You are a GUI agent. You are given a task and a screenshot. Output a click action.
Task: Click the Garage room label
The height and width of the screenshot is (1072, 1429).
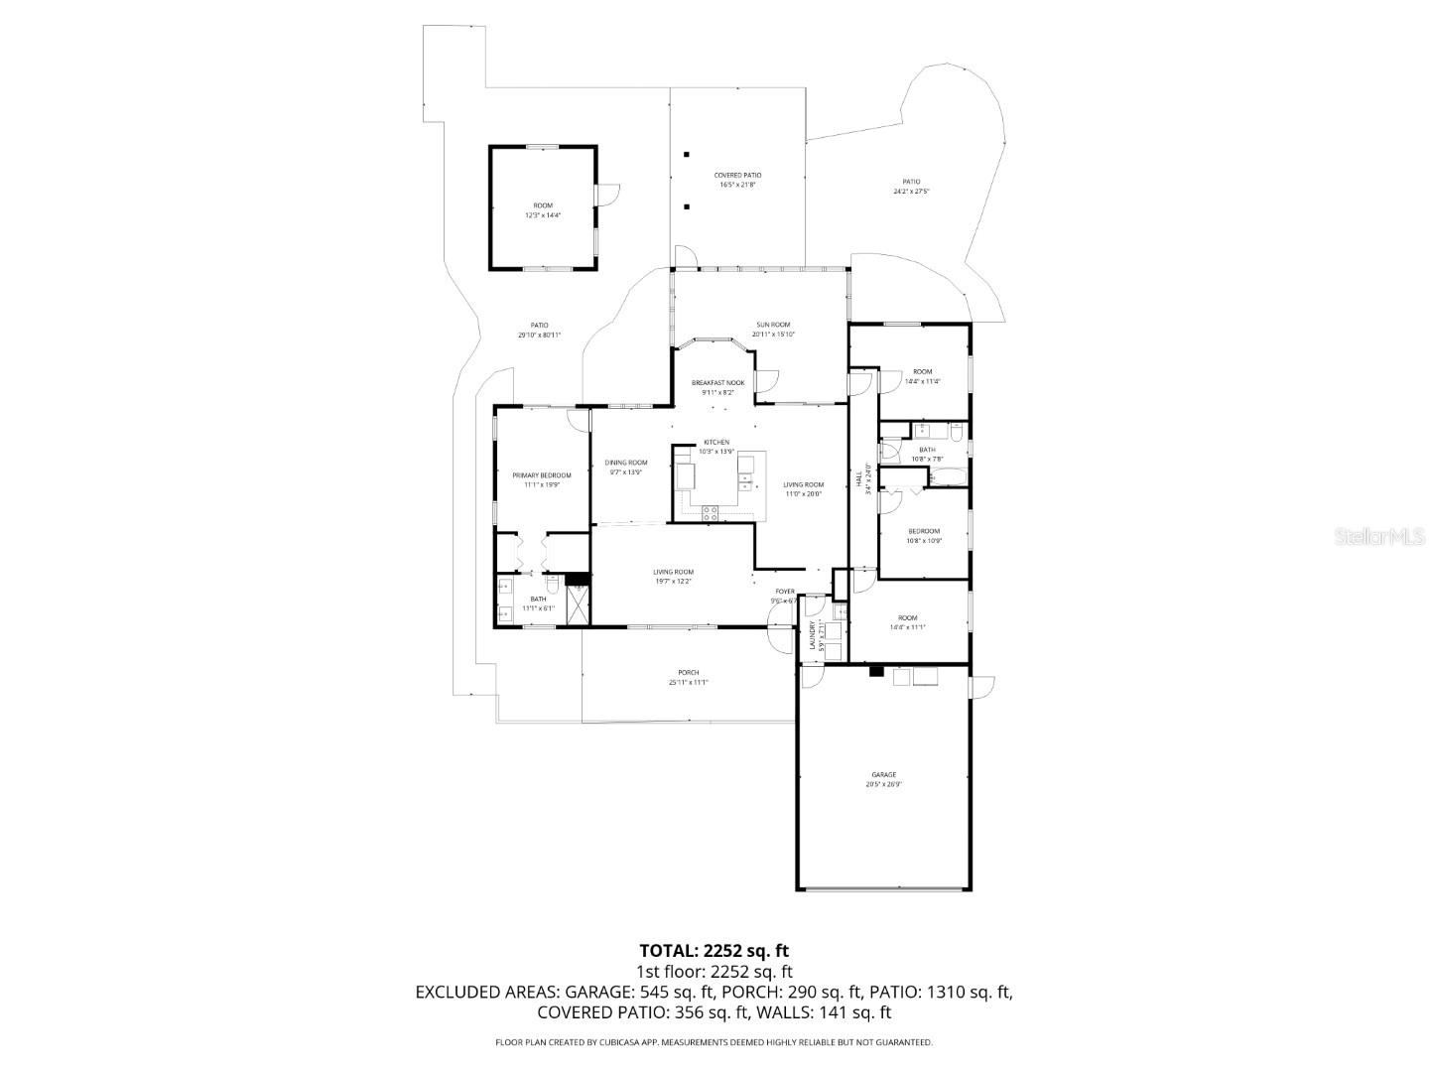(883, 774)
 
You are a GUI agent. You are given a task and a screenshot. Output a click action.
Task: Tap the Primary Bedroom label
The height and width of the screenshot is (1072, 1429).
(541, 475)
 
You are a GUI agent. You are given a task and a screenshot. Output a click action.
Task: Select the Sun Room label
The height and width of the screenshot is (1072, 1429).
(773, 325)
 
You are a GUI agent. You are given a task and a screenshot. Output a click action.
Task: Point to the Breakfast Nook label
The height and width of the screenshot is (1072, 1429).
(717, 382)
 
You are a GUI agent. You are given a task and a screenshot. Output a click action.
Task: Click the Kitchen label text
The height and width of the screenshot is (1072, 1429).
(716, 442)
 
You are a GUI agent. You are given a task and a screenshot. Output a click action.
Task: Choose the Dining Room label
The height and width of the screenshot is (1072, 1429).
(626, 463)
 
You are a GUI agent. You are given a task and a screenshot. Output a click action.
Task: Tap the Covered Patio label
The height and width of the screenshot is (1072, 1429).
(737, 175)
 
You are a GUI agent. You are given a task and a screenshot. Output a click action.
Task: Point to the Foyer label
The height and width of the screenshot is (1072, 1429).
(784, 592)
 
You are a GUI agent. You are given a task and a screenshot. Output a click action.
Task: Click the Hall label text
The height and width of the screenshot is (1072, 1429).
(859, 478)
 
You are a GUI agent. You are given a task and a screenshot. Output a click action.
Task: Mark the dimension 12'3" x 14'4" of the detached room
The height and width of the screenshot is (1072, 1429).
(543, 215)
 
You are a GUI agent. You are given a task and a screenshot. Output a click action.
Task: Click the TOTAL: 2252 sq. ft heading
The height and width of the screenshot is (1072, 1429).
(714, 951)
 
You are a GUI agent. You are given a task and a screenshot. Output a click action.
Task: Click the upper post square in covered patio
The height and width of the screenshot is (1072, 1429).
(686, 155)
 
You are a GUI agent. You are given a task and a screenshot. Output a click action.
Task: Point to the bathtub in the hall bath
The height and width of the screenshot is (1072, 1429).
(947, 477)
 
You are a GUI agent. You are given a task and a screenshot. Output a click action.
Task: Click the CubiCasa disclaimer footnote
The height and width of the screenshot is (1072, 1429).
(714, 1042)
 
